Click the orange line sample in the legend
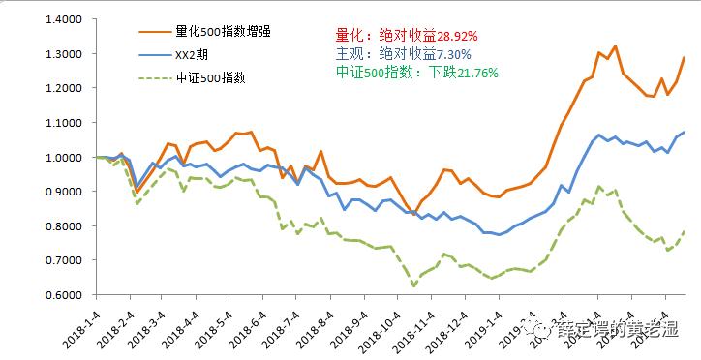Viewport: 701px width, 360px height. tap(149, 31)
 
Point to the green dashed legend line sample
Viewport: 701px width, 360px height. tap(149, 78)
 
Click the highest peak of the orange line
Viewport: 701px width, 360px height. tap(615, 45)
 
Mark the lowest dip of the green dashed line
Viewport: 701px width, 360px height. tap(414, 285)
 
